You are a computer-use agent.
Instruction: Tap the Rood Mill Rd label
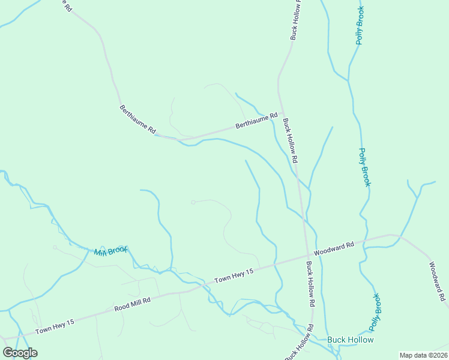click(132, 305)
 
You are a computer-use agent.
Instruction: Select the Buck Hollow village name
click(351, 340)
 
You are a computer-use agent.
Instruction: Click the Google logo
click(20, 353)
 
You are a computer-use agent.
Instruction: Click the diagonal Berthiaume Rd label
click(138, 119)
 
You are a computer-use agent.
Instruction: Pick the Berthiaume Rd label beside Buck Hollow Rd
click(256, 122)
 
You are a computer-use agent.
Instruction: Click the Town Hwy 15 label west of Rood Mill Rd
click(55, 326)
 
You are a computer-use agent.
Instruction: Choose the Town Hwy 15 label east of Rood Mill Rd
click(235, 276)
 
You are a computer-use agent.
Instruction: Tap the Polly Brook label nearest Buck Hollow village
click(375, 311)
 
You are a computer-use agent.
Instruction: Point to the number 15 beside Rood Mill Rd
click(70, 322)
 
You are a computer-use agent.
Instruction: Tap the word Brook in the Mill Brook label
click(118, 250)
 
